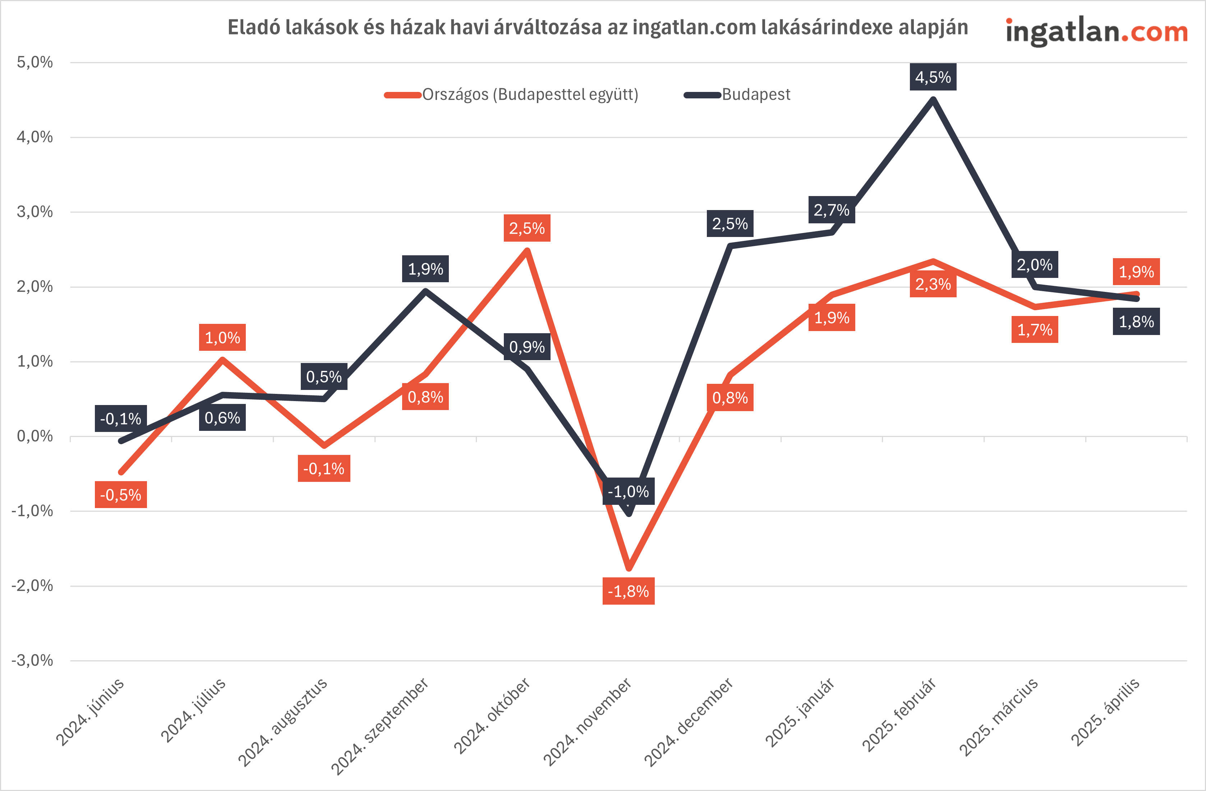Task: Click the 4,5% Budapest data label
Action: coord(933,77)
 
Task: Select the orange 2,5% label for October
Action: coord(526,228)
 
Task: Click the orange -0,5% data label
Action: coord(121,495)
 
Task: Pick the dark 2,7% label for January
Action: coord(831,210)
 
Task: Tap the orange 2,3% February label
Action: coord(933,284)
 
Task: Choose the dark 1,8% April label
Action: coord(1136,322)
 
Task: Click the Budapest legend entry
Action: coord(755,95)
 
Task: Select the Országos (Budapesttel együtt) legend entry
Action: coord(530,95)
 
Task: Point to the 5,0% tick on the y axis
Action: coord(34,62)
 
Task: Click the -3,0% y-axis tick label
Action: coord(32,660)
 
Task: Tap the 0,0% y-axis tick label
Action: coord(34,436)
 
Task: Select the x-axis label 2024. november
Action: coord(588,722)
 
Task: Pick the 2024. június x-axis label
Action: coord(90,712)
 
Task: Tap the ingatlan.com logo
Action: coord(1096,31)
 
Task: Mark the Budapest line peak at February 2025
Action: coord(933,99)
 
